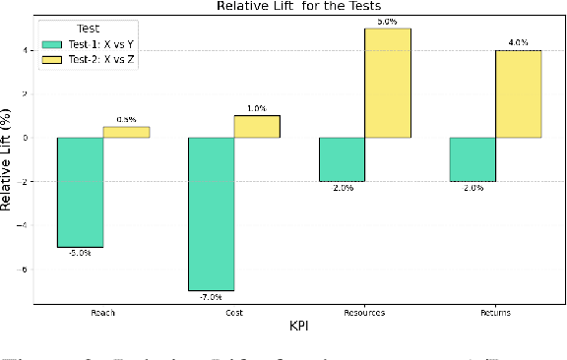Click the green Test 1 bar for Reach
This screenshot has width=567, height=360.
pos(80,192)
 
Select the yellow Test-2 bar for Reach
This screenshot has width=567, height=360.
pos(126,132)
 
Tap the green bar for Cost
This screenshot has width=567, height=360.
pos(211,213)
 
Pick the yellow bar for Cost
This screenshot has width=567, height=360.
pos(257,126)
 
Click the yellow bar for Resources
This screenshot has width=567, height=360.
pos(388,83)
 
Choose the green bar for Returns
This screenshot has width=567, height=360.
pos(472,159)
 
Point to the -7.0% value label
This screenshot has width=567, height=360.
pos(211,296)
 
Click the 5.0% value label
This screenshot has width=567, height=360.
pos(388,21)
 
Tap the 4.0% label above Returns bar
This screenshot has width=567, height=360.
pos(519,42)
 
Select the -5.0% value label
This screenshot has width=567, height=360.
pos(80,253)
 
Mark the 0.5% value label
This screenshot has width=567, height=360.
pos(126,120)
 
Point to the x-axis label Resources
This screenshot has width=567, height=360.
pos(342,312)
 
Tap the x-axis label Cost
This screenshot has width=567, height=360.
pos(233,312)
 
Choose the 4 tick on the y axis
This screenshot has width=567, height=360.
pos(26,50)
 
